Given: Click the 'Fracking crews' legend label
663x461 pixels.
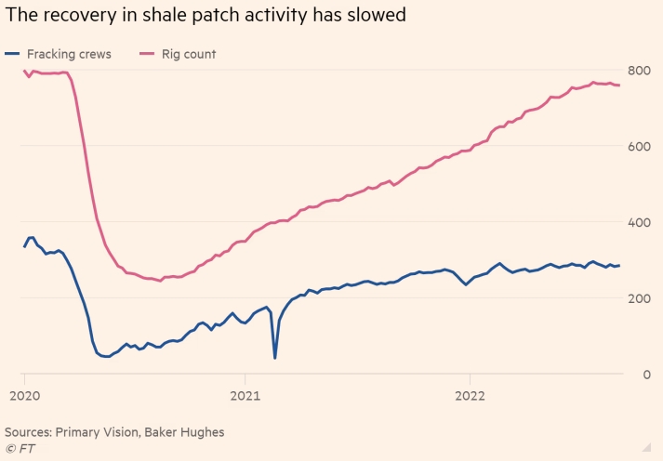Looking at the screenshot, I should [70, 54].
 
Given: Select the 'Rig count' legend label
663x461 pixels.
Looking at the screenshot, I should [188, 54].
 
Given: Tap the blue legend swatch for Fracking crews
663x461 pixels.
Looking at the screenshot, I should [12, 54].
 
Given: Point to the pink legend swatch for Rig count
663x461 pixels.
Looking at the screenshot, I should [146, 54].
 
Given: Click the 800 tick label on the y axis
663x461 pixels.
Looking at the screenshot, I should [638, 71].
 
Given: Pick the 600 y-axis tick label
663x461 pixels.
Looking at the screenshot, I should [638, 147].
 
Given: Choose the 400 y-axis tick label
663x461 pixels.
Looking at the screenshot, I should [638, 223].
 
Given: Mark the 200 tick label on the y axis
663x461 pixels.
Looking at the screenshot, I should [638, 298].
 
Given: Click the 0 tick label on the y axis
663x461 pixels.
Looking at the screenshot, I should [644, 375].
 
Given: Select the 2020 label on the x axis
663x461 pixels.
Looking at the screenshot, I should [23, 393].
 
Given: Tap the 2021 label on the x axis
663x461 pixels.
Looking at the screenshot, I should [245, 393].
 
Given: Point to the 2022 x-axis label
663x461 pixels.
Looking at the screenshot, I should [471, 393].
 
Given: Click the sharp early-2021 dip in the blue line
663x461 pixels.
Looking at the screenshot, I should [275, 357].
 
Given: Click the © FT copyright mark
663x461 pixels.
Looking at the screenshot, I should [18, 450].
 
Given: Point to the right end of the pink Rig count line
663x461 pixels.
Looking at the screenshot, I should [620, 86].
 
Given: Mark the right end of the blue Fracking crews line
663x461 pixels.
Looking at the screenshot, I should [620, 265].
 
